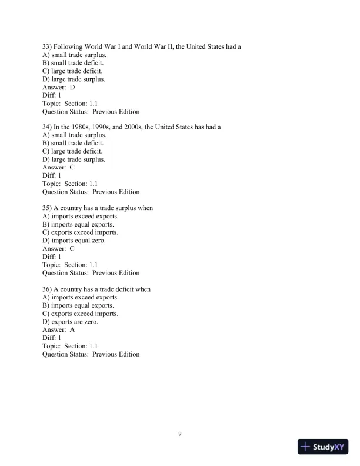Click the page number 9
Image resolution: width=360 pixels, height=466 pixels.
pos(180,434)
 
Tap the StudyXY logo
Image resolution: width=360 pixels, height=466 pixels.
pos(323,447)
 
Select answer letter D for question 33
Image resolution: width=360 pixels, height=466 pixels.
pos(72,87)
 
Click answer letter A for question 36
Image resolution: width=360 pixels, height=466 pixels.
pos(72,330)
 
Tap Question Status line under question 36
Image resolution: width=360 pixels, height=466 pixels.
pos(91,354)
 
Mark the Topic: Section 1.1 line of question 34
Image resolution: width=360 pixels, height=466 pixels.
pos(69,184)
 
